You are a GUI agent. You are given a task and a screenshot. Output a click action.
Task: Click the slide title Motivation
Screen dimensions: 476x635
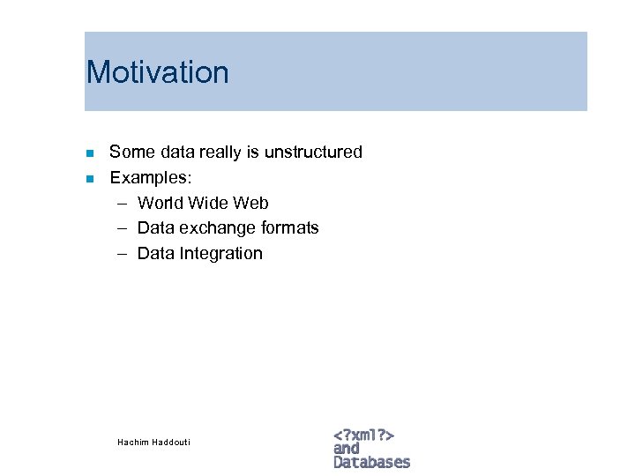(x=158, y=72)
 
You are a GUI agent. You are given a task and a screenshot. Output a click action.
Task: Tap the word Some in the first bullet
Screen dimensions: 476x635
(x=129, y=152)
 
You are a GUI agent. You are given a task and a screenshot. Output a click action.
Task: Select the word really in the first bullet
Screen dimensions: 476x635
(x=218, y=152)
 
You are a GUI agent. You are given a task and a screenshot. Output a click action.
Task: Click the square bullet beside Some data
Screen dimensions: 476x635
(x=89, y=153)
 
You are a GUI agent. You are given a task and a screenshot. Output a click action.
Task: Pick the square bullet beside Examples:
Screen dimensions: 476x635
(x=89, y=179)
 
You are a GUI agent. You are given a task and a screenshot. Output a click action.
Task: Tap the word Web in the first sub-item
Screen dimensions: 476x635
(x=250, y=204)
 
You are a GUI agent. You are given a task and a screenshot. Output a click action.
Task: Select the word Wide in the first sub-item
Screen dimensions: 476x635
(x=207, y=204)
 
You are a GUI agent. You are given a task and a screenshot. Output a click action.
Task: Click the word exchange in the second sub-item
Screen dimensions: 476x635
(x=216, y=228)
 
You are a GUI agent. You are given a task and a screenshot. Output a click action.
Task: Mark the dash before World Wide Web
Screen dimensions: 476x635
(x=119, y=204)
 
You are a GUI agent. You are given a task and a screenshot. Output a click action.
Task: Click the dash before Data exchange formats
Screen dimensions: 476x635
(x=119, y=228)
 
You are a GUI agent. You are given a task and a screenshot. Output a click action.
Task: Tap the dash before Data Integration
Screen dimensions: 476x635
(x=119, y=254)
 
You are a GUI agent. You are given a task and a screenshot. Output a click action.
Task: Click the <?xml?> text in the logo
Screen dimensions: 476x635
(x=363, y=435)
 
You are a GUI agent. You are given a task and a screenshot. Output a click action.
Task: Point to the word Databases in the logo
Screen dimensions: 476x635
(x=371, y=462)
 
